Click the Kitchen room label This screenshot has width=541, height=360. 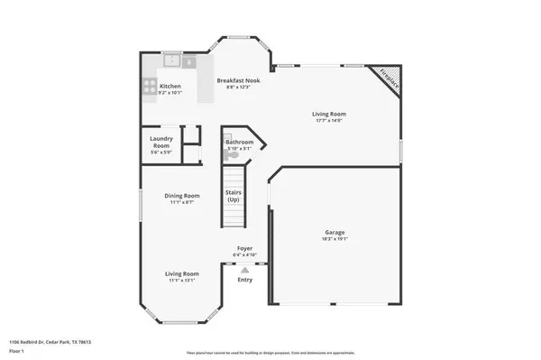point(170,86)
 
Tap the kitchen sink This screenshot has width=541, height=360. point(171,61)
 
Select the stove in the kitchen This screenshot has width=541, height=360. point(147,88)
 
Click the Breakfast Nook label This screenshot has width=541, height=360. point(238,80)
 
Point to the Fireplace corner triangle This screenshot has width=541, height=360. point(388,76)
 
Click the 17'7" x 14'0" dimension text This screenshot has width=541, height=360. point(329,121)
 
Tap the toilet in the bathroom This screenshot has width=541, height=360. point(233,155)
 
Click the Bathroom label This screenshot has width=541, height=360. point(239,143)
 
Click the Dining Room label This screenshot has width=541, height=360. point(181,195)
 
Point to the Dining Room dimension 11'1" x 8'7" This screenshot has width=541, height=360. point(181,202)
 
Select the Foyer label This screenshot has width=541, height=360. point(244,247)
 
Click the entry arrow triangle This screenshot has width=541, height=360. point(244,268)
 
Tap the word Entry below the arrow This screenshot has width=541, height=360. point(244,279)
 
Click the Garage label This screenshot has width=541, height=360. point(335,233)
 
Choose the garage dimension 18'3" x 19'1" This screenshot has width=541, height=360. point(335,240)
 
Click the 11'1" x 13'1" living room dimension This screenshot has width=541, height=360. point(181,281)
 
